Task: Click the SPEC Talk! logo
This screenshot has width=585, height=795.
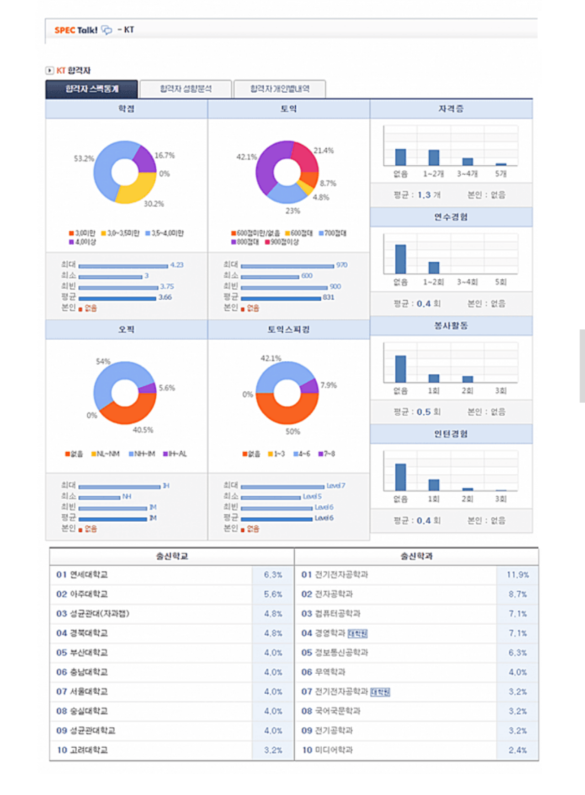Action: [x=76, y=30]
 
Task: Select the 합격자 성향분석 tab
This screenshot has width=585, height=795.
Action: [x=186, y=89]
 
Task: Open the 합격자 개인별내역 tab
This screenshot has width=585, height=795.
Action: [x=280, y=89]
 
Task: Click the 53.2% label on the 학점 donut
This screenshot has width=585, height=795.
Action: [x=84, y=158]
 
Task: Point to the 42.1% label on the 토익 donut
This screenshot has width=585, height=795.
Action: [x=246, y=157]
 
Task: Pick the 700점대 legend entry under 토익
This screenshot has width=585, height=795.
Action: [x=333, y=233]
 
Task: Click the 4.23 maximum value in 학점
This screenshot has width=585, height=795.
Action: [x=177, y=265]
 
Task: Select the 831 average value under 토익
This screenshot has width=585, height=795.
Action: [x=329, y=297]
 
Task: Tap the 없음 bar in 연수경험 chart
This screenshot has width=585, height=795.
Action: [x=400, y=259]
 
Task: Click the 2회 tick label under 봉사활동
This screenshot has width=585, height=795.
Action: [x=467, y=391]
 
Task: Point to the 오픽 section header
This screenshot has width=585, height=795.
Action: [x=126, y=330]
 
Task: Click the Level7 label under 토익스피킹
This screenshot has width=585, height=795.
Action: [x=336, y=486]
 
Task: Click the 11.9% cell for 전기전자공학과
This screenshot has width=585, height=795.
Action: [x=517, y=575]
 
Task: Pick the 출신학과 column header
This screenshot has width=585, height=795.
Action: [x=416, y=557]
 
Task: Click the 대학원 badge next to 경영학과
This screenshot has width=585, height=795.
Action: [x=357, y=633]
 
